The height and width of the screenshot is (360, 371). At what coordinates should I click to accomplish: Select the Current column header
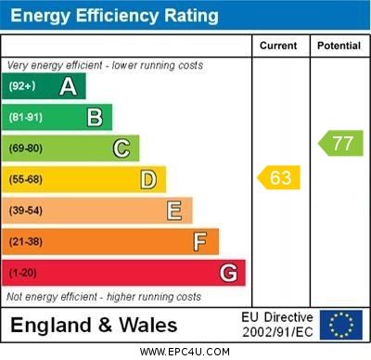coord(278,45)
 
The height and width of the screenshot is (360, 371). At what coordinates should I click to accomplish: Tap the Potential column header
coord(339,45)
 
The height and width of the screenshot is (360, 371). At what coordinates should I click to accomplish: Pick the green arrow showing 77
coord(341,143)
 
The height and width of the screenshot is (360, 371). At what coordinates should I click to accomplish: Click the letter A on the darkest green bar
coord(68,86)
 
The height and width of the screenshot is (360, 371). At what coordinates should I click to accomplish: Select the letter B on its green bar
coord(95,117)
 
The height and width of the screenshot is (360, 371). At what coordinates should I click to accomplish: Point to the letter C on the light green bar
coord(122,148)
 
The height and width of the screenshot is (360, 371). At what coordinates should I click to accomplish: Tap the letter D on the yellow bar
coord(147,179)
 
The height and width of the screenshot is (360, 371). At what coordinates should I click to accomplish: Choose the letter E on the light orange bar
coord(174,211)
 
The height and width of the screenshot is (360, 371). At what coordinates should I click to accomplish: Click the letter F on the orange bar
coord(199,242)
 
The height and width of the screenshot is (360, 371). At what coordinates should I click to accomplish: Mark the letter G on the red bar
coord(228,273)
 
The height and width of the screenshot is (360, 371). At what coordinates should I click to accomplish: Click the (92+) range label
coord(22,87)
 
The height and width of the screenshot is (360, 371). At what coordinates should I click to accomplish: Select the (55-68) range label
coord(26,180)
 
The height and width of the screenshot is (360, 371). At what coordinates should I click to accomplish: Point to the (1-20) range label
coord(23,274)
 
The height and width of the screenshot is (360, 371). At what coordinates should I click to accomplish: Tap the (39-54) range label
coord(26,212)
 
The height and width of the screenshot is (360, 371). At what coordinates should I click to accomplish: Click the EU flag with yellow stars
coord(341,325)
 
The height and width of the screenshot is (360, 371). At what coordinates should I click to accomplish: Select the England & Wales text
coord(94,326)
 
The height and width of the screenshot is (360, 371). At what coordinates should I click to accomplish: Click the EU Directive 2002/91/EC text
coord(277,325)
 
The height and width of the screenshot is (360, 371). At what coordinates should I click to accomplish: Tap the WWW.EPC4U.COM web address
coord(185,352)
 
